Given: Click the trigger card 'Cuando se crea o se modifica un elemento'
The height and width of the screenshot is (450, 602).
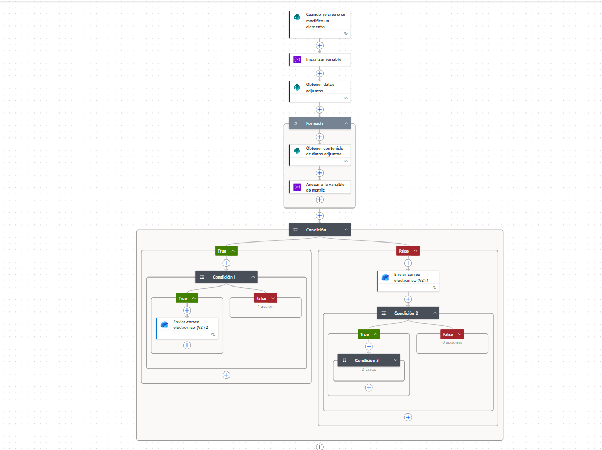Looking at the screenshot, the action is (x=320, y=24).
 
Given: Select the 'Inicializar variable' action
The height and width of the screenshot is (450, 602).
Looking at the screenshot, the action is (x=320, y=59).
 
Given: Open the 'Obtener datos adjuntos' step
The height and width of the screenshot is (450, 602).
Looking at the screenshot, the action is (x=320, y=91).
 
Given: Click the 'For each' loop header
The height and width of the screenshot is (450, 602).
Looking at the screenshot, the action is (x=320, y=123).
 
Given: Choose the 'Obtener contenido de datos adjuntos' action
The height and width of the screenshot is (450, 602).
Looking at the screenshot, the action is (x=320, y=154).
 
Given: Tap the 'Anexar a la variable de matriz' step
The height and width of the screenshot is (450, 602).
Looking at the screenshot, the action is (x=320, y=187).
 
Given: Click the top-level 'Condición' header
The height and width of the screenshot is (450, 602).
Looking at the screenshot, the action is (x=320, y=230).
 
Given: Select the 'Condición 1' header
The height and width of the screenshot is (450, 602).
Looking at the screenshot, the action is (x=226, y=277).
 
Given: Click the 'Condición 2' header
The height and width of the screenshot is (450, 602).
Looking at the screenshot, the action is (x=408, y=313).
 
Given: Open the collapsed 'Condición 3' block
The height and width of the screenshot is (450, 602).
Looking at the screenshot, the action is (x=369, y=360).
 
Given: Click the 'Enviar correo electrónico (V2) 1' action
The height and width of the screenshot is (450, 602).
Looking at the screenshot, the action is (x=408, y=281).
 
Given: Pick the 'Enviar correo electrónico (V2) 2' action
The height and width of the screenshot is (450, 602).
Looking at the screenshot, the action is (x=187, y=328).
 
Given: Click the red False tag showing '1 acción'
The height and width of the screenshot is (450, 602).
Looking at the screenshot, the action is (x=265, y=298).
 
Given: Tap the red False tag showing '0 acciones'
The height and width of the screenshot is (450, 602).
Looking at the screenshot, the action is (x=452, y=334).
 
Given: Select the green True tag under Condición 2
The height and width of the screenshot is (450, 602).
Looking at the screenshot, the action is (x=369, y=334).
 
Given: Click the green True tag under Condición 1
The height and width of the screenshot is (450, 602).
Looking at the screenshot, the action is (x=187, y=298).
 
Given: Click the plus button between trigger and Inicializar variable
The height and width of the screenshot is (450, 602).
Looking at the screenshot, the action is (x=319, y=46).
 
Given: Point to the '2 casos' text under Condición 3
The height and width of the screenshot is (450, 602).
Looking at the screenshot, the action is (x=369, y=369).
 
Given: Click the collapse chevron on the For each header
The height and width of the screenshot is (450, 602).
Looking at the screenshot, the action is (x=346, y=123).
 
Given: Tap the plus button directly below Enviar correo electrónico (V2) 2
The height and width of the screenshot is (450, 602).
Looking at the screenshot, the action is (x=187, y=345).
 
